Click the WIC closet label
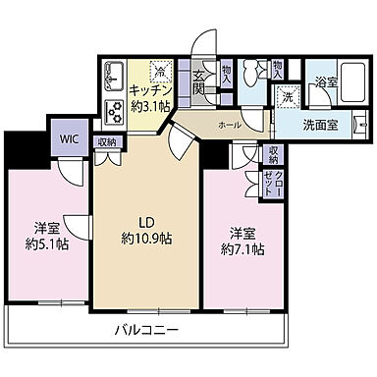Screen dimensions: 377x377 pyautogui.click(x=69, y=138)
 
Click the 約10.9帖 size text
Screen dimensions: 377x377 pyautogui.click(x=148, y=238)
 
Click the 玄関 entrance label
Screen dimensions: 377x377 pyautogui.click(x=199, y=83)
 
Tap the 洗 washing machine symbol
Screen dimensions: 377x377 pyautogui.click(x=288, y=96)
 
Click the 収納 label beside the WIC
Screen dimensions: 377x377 pyautogui.click(x=106, y=142)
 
